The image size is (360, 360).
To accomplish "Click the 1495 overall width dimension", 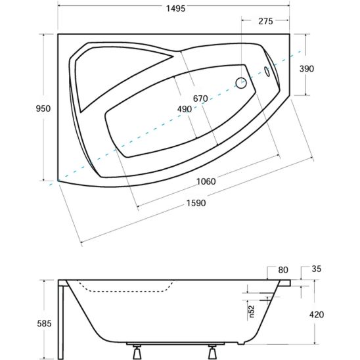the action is [175, 9].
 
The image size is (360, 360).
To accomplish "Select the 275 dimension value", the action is [265, 21].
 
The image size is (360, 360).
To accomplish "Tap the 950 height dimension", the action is [43, 108].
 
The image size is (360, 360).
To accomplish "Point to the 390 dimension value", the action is [307, 68].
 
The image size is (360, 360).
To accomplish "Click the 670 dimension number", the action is [200, 99].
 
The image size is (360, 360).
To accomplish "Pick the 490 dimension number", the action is [185, 109].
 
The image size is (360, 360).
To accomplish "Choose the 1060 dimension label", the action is [206, 181].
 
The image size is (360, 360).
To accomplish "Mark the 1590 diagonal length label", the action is [196, 203].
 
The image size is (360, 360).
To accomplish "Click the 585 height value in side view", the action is [44, 323].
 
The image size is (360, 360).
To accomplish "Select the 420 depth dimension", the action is [317, 315].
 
